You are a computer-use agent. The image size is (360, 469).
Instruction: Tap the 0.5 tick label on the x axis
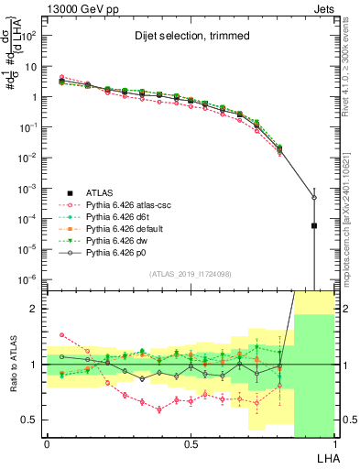(190, 444)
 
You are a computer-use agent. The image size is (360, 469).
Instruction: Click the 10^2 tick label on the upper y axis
(27, 36)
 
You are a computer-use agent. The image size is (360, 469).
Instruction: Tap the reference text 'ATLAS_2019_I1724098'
(191, 274)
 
